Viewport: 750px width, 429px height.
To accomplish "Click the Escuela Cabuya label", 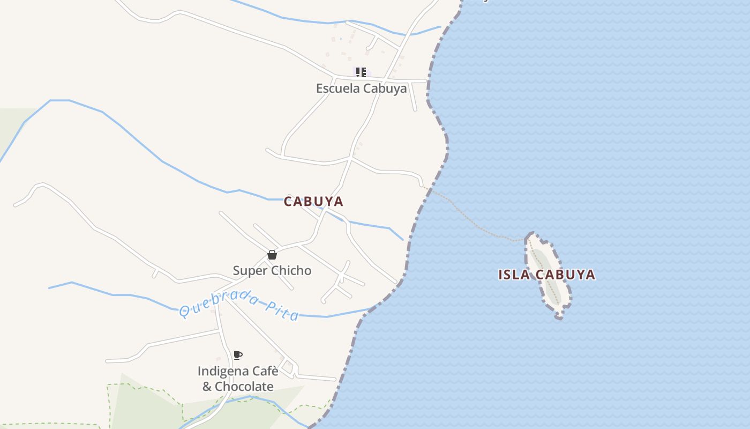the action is tap(361, 88).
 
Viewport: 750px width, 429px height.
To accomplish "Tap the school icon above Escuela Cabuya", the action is tap(361, 72).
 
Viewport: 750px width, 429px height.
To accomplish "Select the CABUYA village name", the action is tap(313, 202).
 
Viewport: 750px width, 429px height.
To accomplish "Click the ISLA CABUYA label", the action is tap(546, 275).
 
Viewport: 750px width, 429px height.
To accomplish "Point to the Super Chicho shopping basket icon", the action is tap(272, 255).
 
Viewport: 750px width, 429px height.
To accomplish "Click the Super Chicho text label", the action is tap(272, 270).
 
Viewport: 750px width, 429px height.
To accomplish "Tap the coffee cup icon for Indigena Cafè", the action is tap(238, 355).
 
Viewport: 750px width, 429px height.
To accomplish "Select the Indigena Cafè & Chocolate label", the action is tap(238, 379).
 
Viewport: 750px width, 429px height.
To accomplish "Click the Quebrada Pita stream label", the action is tap(239, 305).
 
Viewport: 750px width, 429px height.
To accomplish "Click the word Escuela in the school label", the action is tap(337, 88).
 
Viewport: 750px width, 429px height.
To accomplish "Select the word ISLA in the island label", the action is tap(514, 275).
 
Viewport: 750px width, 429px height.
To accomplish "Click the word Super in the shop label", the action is tap(249, 270).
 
